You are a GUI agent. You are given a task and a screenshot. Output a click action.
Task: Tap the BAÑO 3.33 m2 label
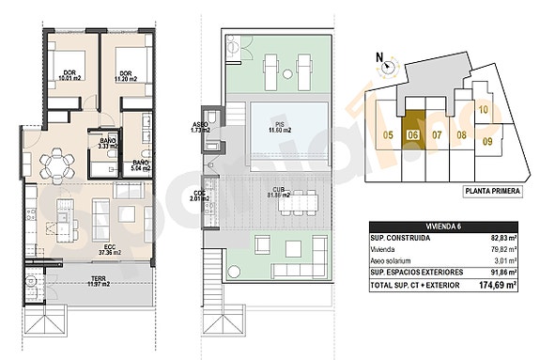108,143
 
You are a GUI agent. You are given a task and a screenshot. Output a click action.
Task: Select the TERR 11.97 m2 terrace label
98,279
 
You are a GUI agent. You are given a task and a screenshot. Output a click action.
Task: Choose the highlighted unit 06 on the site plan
413,134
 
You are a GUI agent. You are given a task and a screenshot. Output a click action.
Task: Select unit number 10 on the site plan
483,110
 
